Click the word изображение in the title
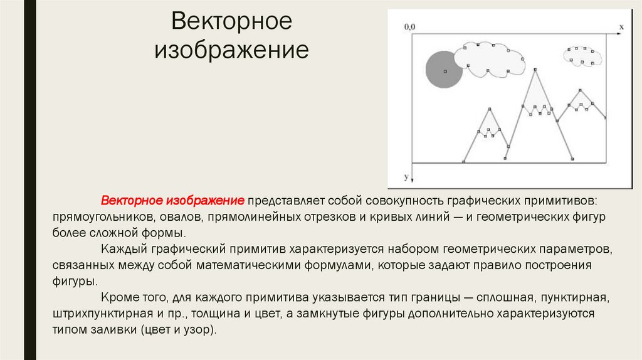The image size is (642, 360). (x=232, y=50)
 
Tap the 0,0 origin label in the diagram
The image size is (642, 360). (x=409, y=26)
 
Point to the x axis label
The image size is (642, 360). (x=621, y=27)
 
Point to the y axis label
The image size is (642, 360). (x=406, y=177)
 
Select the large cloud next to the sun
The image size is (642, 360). (x=490, y=60)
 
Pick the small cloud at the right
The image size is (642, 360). (x=582, y=56)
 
